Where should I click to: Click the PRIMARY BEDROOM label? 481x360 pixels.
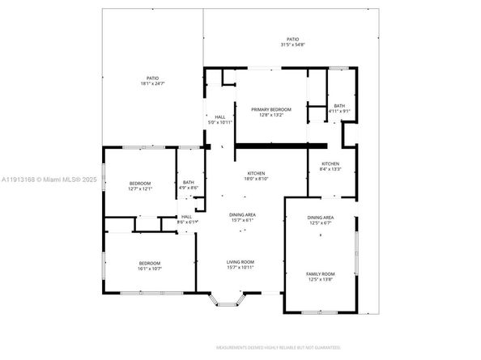coord(270,109)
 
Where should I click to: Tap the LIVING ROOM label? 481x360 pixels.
coord(240,262)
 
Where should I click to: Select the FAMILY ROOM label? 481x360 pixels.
coord(320,274)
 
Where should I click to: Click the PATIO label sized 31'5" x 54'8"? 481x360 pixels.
coord(292,39)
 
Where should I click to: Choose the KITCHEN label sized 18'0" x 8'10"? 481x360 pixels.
coord(257,174)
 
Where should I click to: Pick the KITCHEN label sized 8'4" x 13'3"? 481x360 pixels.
coord(330,163)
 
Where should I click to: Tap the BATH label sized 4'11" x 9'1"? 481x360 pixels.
coord(338,106)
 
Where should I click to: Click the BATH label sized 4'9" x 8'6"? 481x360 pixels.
coord(189,182)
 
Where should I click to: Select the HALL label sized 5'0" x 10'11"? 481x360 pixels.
coord(219,117)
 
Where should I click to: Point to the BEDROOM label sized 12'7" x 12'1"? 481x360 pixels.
coord(139,184)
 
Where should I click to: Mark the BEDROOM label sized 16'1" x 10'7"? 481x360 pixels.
coord(149,263)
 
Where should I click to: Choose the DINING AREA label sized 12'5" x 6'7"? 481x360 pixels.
coord(320,218)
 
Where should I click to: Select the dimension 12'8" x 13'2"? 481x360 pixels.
coord(270,115)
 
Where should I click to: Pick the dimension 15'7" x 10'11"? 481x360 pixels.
coord(240,268)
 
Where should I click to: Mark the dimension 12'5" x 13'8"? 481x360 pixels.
coord(320,280)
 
